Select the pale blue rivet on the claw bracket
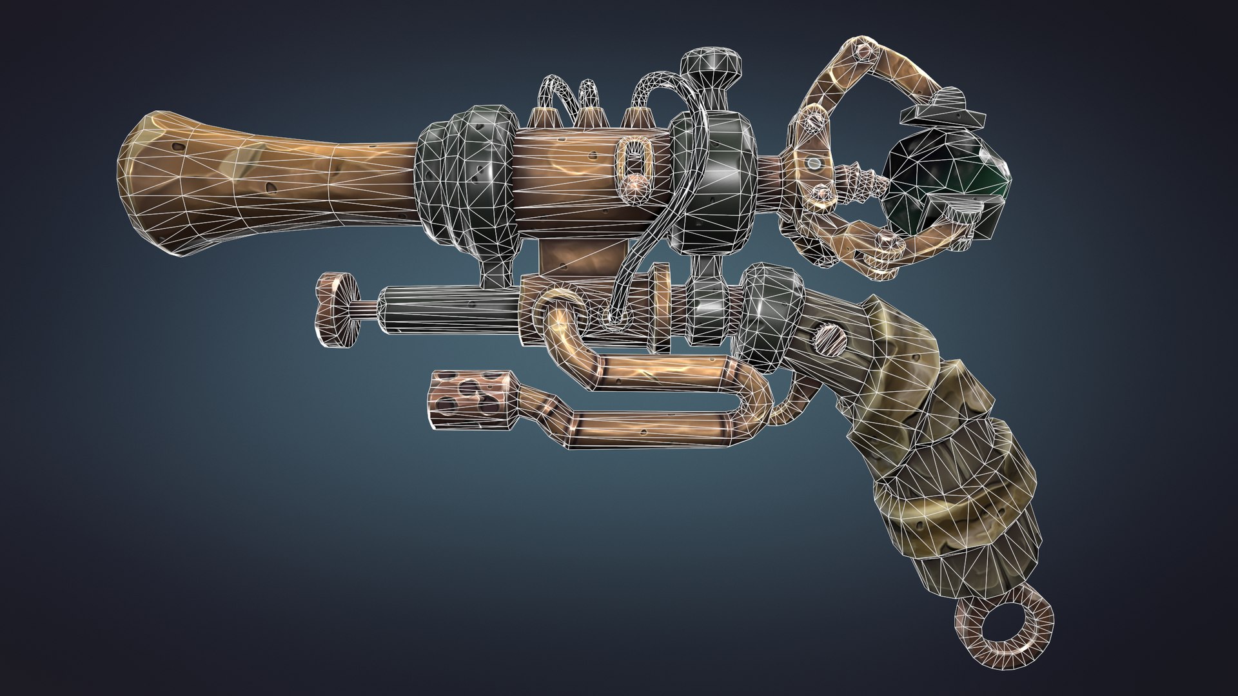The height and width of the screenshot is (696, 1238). point(815,162)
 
